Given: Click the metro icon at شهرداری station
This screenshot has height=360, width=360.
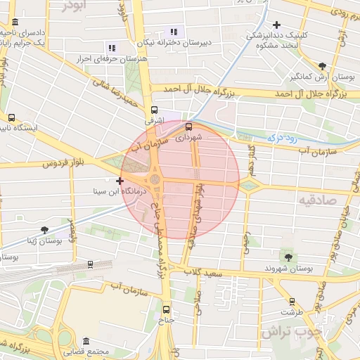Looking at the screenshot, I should (x=188, y=127).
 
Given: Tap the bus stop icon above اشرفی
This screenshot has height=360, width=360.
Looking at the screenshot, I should (x=154, y=110).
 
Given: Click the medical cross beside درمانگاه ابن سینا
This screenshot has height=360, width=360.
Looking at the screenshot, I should (x=120, y=181).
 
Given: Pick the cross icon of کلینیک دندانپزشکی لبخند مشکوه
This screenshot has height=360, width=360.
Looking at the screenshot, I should (x=277, y=25).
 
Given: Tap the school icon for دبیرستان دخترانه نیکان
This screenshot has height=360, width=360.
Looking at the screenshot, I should (x=174, y=31).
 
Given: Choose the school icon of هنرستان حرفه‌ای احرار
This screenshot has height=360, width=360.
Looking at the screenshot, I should (x=110, y=49).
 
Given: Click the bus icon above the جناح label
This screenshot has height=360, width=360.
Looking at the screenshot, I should (x=167, y=309).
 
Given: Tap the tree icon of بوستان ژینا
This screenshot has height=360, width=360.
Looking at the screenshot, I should (x=45, y=230).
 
